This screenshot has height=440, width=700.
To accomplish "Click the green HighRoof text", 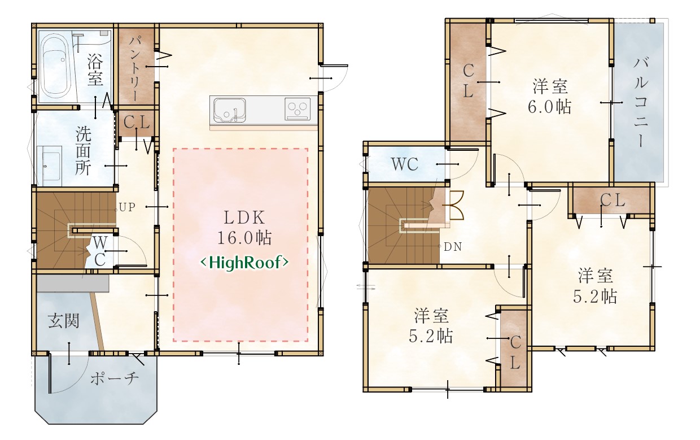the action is point(244,263).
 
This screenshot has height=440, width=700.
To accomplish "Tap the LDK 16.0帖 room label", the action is point(244,228).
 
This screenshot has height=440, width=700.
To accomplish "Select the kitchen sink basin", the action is point(229,111).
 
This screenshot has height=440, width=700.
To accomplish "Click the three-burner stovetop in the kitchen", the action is point(298,109).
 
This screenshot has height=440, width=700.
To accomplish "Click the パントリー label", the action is point(135,69).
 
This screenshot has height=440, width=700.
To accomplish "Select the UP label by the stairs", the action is point(127,207).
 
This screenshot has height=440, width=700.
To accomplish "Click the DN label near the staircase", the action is point(453,247).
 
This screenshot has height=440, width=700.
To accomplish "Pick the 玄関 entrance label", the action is point(64,321).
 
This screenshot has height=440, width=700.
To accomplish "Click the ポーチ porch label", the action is point(115,378).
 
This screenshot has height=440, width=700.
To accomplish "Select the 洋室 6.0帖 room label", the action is point(550,97).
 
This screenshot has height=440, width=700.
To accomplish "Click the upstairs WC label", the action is point(405,164).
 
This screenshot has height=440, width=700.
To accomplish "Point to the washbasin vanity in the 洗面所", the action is point(49,166).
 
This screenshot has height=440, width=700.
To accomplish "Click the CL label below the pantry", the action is point(137,122).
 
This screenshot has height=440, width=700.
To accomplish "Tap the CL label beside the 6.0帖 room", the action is point(468,81).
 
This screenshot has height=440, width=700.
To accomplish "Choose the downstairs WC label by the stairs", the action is point(100,251).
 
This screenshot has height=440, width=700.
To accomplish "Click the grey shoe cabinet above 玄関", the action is point(73,284).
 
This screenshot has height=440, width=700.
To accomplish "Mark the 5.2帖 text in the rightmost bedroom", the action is point(595,296).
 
